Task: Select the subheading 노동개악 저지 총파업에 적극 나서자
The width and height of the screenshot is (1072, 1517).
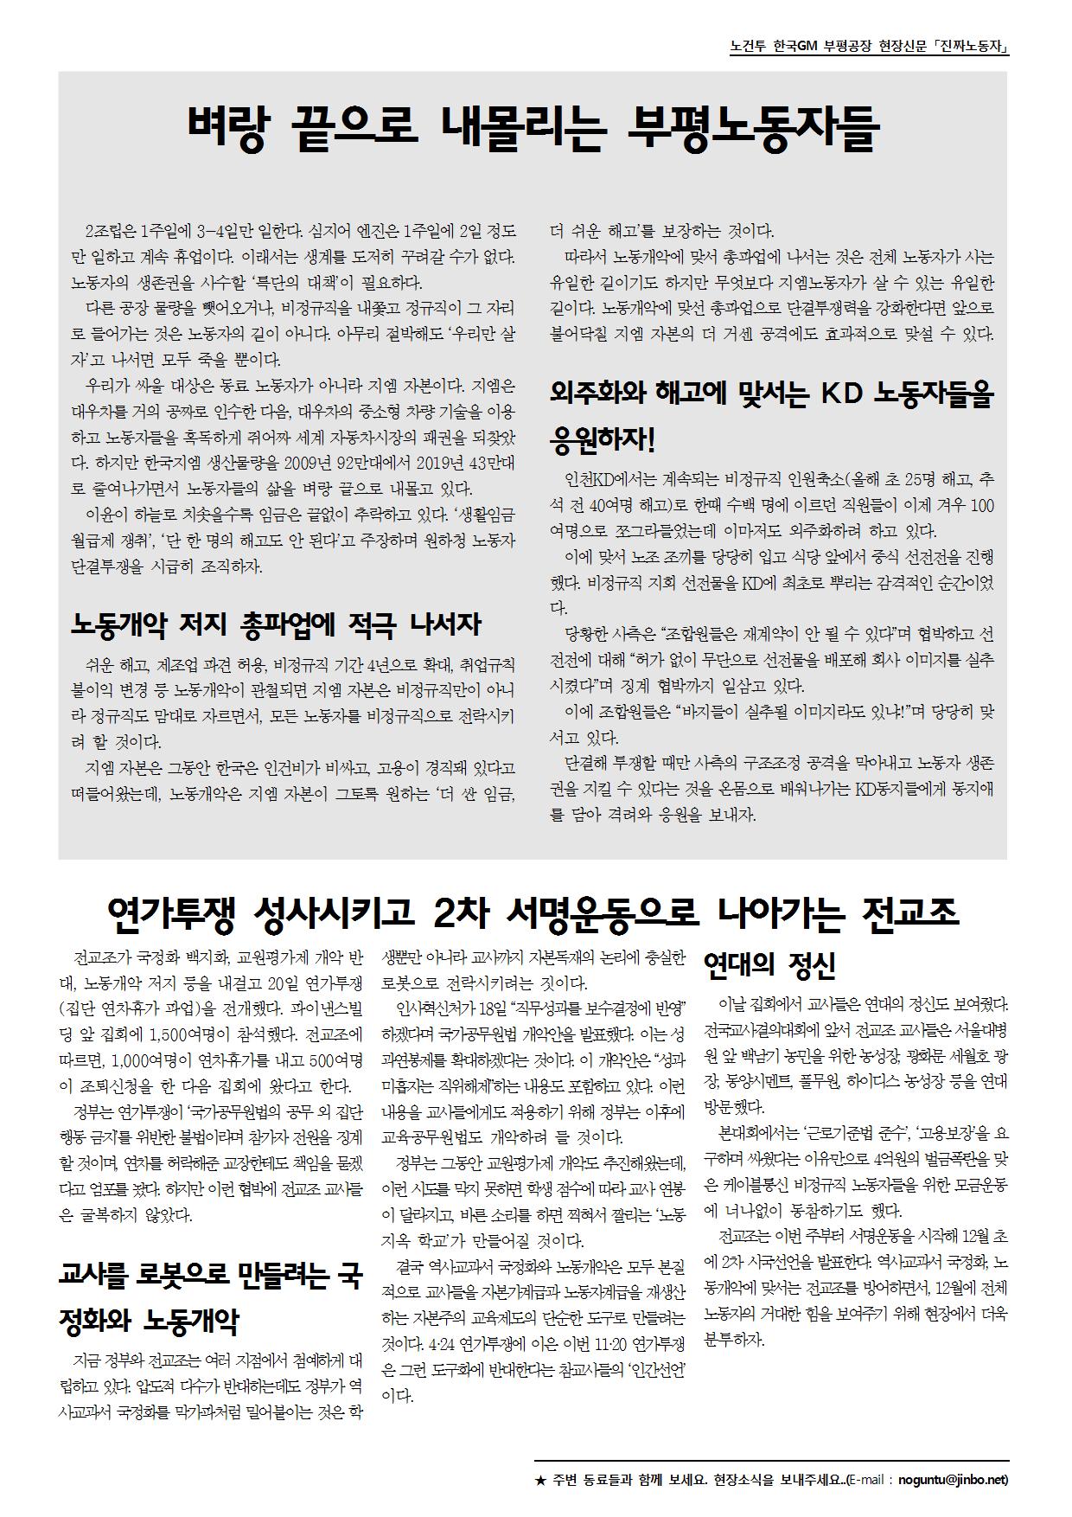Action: coord(275,624)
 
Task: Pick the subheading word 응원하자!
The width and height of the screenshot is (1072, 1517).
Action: coord(603,441)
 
